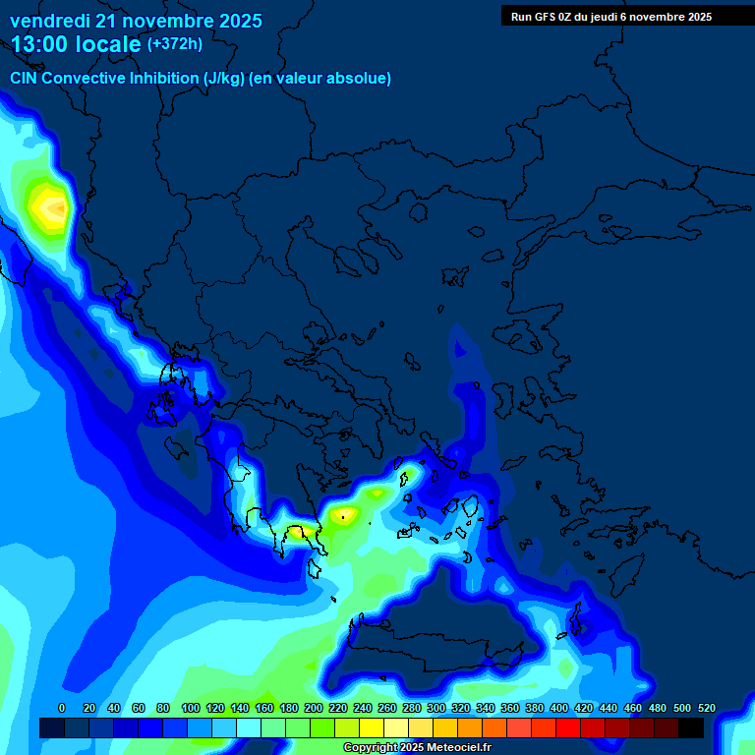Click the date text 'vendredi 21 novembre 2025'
tap(136, 21)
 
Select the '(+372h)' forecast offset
tap(174, 44)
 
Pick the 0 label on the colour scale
tap(62, 708)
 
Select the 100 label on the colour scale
tap(190, 708)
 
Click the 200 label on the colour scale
tap(313, 708)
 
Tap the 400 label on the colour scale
tap(558, 708)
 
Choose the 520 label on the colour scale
tap(706, 708)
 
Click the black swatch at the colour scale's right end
tap(691, 727)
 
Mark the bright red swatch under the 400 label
tap(568, 727)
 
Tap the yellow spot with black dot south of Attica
tap(343, 513)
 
